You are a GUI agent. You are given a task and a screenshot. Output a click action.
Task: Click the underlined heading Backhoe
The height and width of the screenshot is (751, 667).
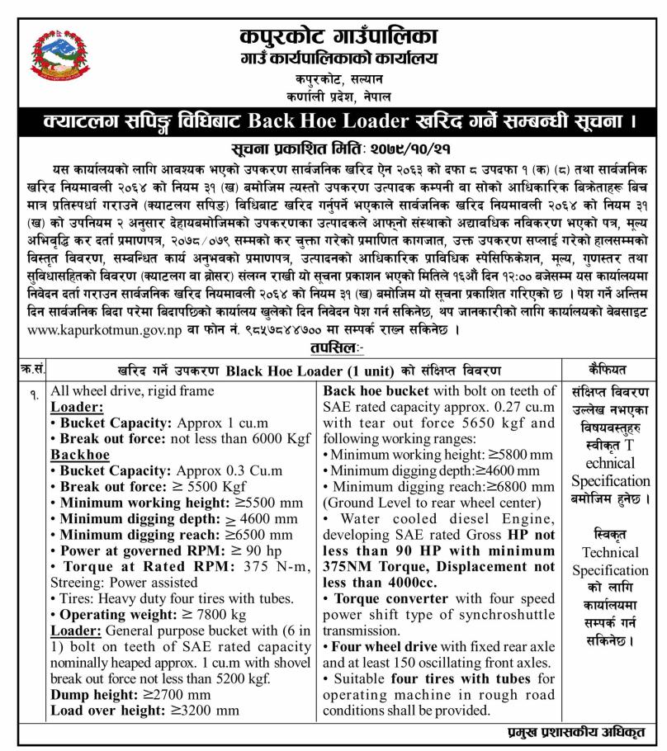tap(76, 453)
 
